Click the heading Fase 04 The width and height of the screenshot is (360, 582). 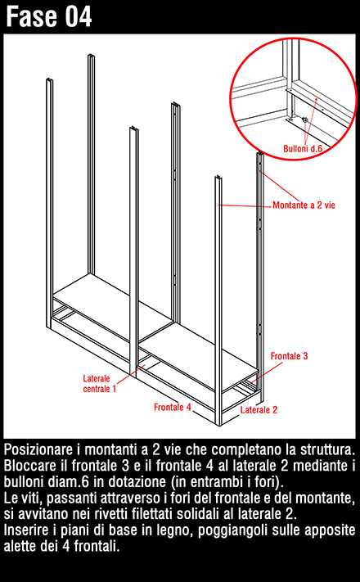click(x=48, y=16)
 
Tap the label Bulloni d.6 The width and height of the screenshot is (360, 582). click(x=303, y=149)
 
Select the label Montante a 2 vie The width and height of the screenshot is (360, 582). click(x=304, y=205)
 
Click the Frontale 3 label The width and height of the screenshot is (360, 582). click(x=289, y=356)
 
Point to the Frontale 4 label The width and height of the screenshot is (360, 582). click(x=172, y=407)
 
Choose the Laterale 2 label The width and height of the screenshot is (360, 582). click(x=259, y=410)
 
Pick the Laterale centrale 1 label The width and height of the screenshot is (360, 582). click(x=100, y=383)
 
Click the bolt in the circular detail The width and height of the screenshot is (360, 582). click(x=305, y=120)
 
